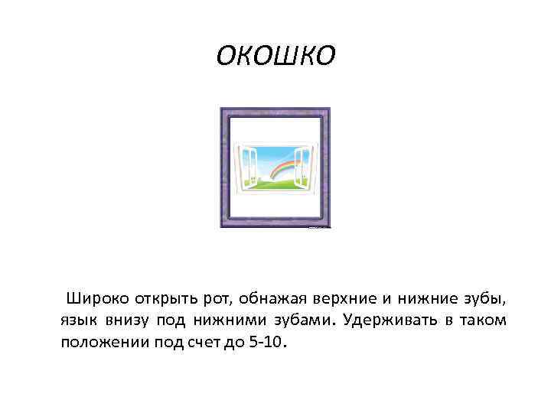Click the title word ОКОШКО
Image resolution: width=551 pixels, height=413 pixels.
tap(275, 54)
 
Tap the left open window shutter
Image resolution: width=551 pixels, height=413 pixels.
tap(247, 164)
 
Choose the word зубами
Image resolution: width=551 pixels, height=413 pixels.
tap(294, 320)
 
